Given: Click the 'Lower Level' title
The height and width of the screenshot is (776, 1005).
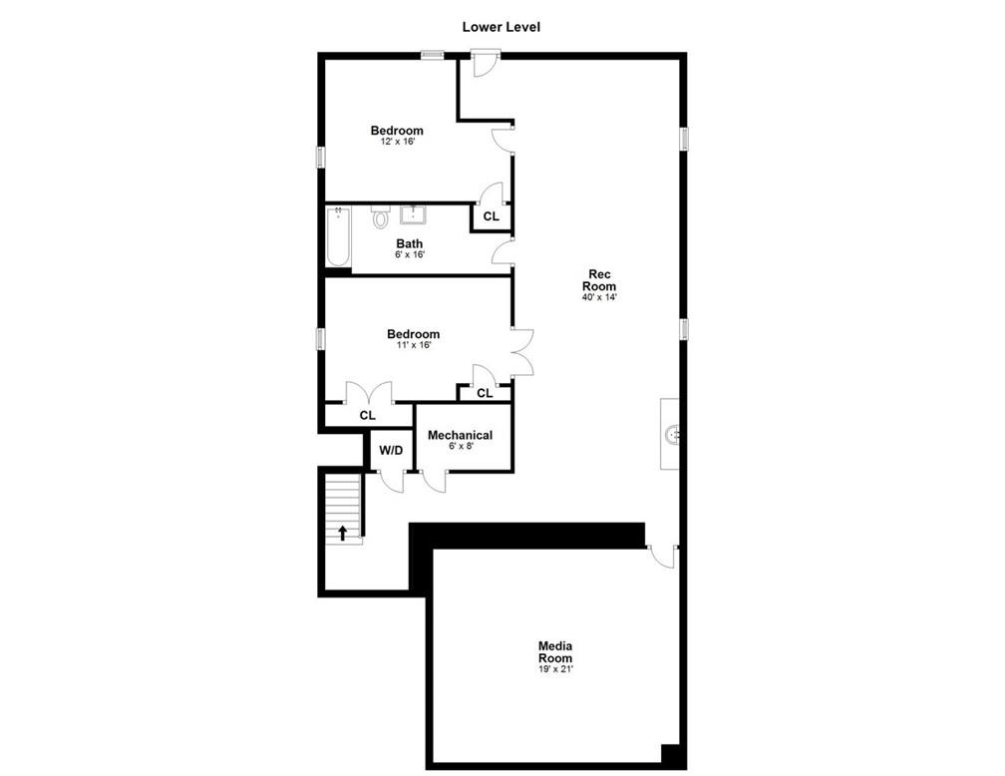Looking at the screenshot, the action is click(x=502, y=27).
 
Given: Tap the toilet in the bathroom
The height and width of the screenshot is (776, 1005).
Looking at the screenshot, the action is click(x=381, y=216).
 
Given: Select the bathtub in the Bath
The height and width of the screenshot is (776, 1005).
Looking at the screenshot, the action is click(x=338, y=235).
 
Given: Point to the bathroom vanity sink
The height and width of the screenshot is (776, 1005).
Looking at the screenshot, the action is click(x=414, y=214).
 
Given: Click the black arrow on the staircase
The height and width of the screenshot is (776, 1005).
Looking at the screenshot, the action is click(x=343, y=533).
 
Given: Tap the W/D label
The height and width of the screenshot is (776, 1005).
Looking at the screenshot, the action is click(x=391, y=450).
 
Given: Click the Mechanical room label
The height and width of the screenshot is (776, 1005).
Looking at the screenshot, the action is click(x=461, y=435).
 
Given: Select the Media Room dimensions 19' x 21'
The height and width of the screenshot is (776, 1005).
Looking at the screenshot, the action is click(x=555, y=669).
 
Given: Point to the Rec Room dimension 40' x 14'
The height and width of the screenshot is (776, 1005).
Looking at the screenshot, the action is click(x=599, y=297).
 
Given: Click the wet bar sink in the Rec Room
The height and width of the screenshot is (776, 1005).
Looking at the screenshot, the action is click(x=672, y=434).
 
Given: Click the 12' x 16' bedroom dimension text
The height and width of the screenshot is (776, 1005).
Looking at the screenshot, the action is click(x=398, y=141).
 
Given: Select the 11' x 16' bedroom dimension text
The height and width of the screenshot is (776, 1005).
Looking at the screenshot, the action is click(x=414, y=344).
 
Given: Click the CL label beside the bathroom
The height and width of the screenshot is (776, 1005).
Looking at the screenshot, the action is click(x=491, y=216).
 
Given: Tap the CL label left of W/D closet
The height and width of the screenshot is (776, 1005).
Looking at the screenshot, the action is click(x=367, y=416).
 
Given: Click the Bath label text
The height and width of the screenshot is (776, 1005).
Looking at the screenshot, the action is click(x=410, y=243).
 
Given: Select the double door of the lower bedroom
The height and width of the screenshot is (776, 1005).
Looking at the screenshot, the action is click(x=522, y=351).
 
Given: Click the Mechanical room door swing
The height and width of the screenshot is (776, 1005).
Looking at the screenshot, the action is click(x=434, y=481).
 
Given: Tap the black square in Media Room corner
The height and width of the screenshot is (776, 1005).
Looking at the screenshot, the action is click(x=670, y=753).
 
